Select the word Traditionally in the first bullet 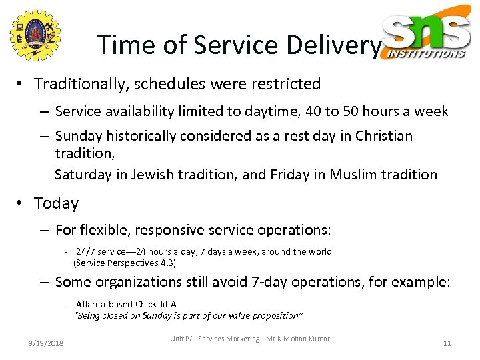coord(78,84)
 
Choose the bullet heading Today coord(56,203)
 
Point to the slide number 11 coord(447,343)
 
